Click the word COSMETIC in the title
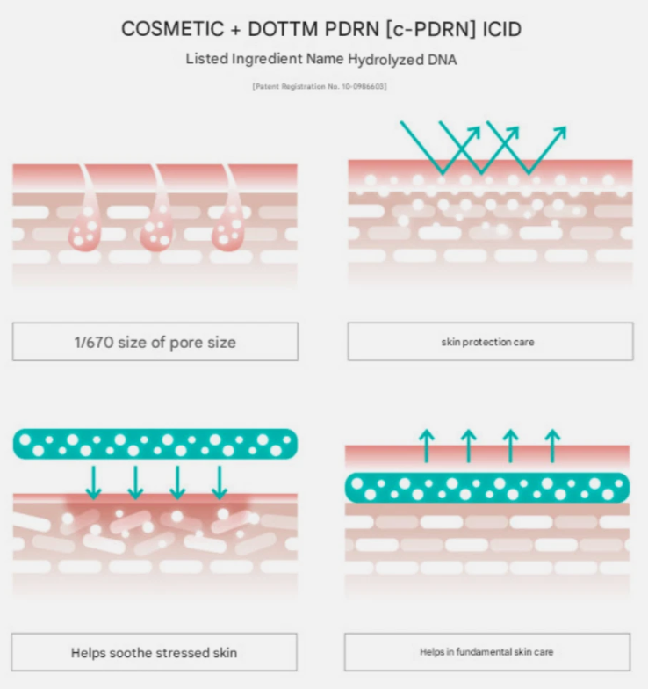click(172, 30)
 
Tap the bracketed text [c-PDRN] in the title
click(430, 30)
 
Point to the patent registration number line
click(320, 86)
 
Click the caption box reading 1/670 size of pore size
click(155, 342)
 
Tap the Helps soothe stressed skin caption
click(155, 652)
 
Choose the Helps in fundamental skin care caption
click(487, 652)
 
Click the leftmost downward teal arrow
click(93, 483)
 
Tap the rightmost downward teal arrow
click(220, 483)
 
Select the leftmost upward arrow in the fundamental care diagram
click(427, 446)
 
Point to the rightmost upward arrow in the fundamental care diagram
click(552, 446)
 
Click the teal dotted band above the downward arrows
click(155, 445)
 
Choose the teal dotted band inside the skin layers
click(487, 489)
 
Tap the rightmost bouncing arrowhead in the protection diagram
click(560, 132)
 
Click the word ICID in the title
click(502, 30)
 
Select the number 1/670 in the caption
click(94, 343)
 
